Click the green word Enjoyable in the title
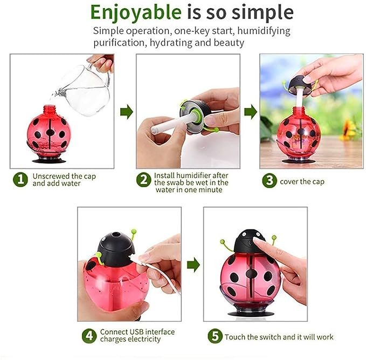136,13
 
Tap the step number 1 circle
20,180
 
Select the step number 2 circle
144,180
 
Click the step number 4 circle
89,336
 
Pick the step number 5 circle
215,336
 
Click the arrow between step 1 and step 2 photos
127,112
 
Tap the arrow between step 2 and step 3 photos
251,112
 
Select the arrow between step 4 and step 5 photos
194,265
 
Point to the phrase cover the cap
302,182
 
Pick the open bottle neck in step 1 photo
50,109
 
